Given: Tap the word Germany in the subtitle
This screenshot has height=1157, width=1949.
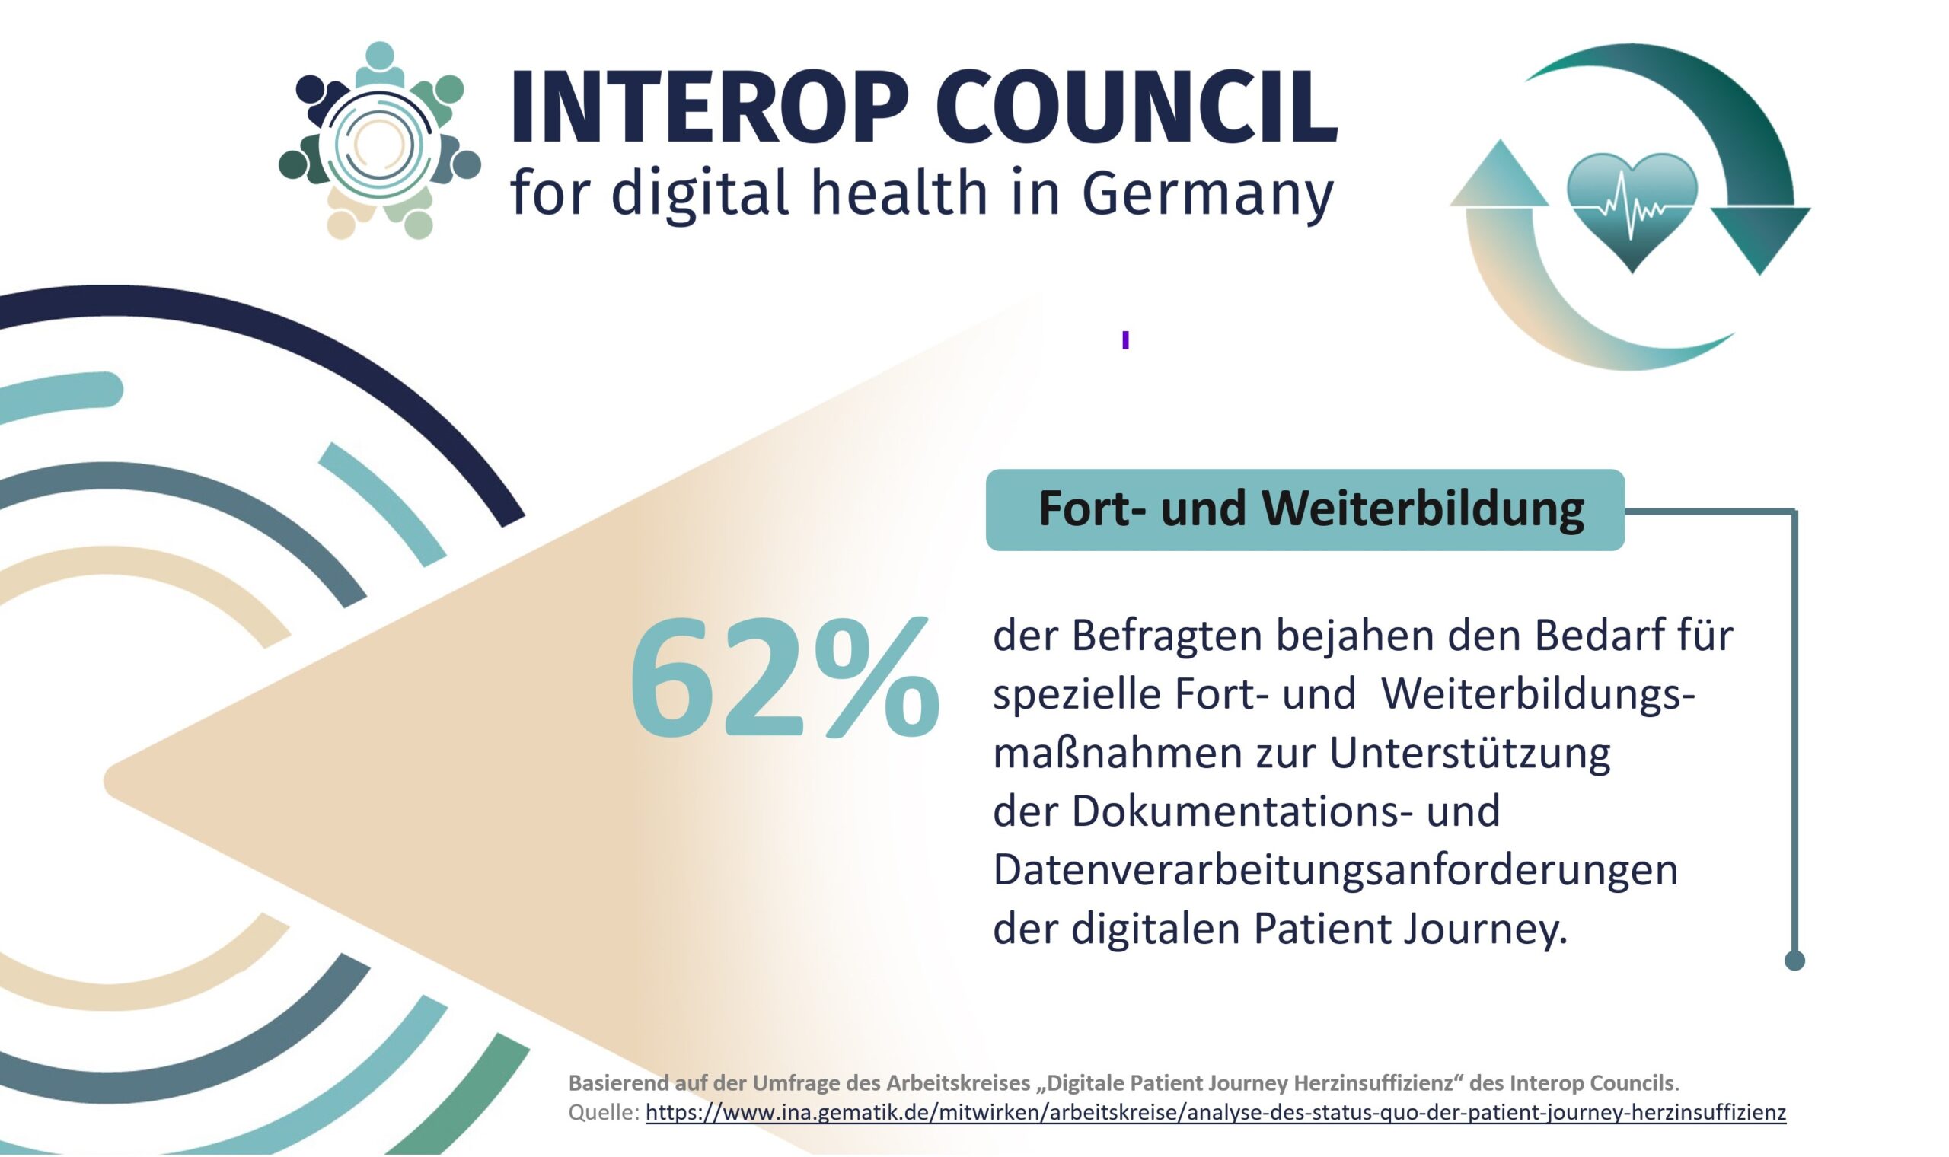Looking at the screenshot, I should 1207,193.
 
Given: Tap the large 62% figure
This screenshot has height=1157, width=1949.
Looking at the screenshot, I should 783,677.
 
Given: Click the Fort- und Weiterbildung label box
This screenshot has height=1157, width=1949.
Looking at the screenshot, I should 1305,510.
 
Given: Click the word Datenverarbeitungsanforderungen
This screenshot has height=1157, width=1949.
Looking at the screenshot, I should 1335,869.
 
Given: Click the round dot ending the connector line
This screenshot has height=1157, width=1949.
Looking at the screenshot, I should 1794,961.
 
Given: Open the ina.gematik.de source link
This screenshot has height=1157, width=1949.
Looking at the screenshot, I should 1215,1113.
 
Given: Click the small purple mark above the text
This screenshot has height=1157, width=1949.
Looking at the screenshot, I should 1125,340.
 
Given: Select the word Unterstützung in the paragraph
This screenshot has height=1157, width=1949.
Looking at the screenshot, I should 1469,753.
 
